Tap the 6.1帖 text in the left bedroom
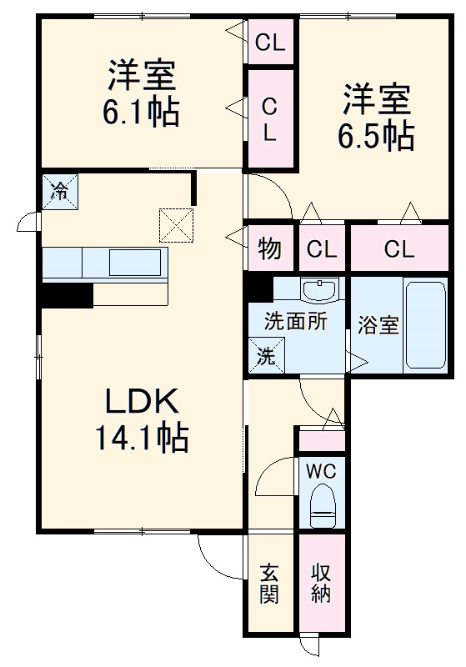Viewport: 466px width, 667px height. point(141,113)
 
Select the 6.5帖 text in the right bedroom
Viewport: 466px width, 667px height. point(376,135)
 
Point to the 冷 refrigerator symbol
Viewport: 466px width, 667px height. point(59,191)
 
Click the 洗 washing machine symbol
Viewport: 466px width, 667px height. point(265,357)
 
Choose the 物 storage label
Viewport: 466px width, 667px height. point(269,248)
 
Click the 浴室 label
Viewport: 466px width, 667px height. point(378,325)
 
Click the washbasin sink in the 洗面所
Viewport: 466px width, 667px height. point(321,291)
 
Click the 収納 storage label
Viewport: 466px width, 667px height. point(322,584)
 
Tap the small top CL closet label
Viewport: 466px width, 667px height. point(270,42)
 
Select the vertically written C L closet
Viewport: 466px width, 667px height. point(270,118)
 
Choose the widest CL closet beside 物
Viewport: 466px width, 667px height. point(398,248)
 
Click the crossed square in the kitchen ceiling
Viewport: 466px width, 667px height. point(175,223)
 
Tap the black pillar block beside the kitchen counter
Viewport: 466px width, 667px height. point(68,295)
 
